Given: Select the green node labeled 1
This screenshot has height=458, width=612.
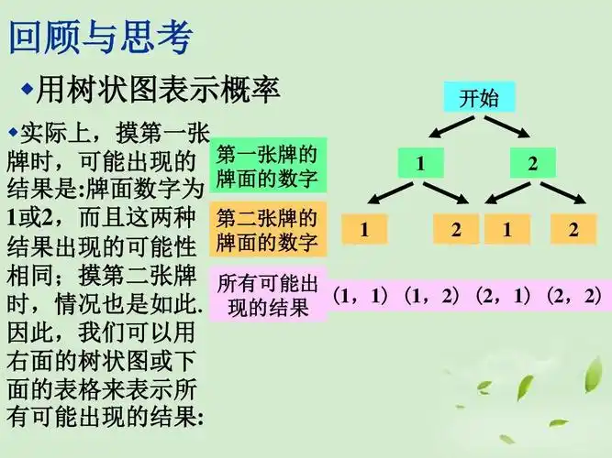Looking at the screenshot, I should click(420, 164).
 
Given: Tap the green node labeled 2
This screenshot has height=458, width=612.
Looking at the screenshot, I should click(533, 164).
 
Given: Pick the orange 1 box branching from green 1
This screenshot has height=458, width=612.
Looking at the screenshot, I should click(364, 229).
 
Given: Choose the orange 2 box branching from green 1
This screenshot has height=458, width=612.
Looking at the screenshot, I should click(456, 229).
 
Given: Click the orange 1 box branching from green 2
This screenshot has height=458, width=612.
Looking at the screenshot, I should click(506, 229).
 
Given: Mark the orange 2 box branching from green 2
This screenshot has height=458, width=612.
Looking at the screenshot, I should click(573, 229).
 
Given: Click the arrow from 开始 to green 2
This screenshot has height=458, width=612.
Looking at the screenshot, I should click(508, 126).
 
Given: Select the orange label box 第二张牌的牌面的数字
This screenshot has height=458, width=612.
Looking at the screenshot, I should click(268, 230).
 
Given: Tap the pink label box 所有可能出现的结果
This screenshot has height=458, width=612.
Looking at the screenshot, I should click(268, 295).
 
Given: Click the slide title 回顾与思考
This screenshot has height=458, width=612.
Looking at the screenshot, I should click(101, 38).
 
